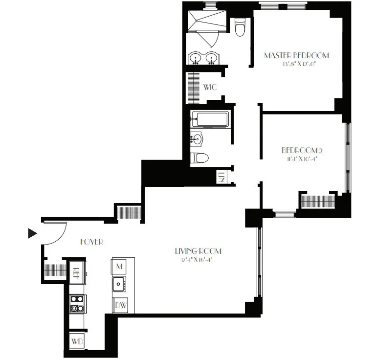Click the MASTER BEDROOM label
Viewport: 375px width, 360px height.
[296, 55]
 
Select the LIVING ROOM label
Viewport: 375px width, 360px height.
[198, 251]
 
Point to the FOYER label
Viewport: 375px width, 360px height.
[91, 242]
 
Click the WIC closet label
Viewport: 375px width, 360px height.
[210, 87]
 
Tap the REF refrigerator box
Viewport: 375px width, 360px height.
[76, 270]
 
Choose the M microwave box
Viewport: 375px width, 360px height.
[119, 266]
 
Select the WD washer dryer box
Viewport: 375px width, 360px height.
[76, 340]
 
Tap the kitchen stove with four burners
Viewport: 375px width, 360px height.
[76, 303]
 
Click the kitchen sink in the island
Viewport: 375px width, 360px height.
[119, 283]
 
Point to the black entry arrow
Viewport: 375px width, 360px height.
[32, 233]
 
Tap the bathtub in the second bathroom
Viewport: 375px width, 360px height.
[210, 119]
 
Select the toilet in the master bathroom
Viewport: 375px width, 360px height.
[240, 28]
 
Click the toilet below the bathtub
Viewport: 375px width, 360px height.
[200, 157]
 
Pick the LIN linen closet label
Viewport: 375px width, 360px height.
[221, 176]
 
